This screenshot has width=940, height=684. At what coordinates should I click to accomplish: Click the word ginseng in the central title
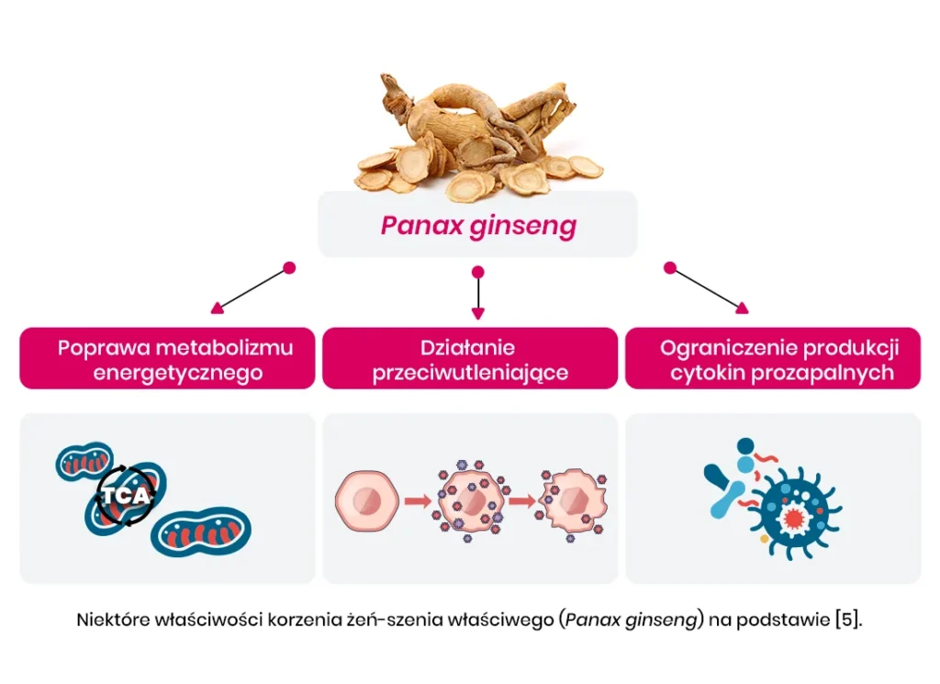coord(521,226)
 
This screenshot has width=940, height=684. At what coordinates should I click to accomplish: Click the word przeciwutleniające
coord(470,373)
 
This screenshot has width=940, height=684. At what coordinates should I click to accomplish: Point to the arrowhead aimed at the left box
coord(217,308)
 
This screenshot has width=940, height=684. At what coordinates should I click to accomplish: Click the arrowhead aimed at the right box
coord(742,308)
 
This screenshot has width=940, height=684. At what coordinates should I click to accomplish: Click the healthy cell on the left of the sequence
coord(367,500)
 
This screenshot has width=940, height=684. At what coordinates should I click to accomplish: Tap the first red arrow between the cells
coord(418,501)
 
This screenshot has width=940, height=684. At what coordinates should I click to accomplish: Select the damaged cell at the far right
coord(573,500)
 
